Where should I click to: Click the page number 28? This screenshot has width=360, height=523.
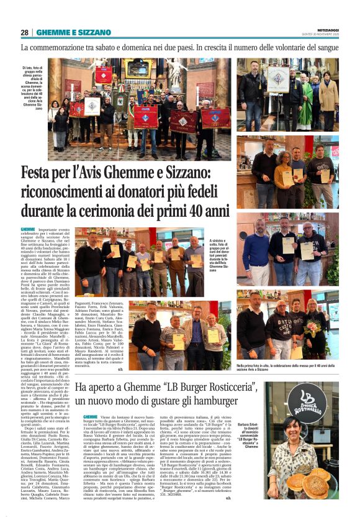pyautogui.click(x=24, y=32)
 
